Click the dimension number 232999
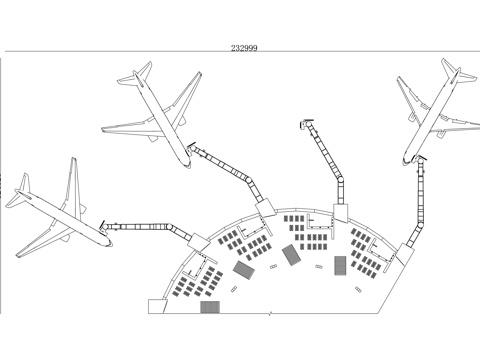pyautogui.click(x=244, y=47)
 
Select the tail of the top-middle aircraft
pyautogui.click(x=141, y=74)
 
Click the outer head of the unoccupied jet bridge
pyautogui.click(x=304, y=125)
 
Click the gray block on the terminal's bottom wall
pyautogui.click(x=209, y=307)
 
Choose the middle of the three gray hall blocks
pyautogui.click(x=291, y=255)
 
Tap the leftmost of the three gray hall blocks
pyautogui.click(x=243, y=269)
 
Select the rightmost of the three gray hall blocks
pyautogui.click(x=340, y=265)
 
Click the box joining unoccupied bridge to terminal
pyautogui.click(x=340, y=212)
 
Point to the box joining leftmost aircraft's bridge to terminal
pyautogui.click(x=198, y=241)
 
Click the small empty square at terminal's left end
pyautogui.click(x=157, y=306)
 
